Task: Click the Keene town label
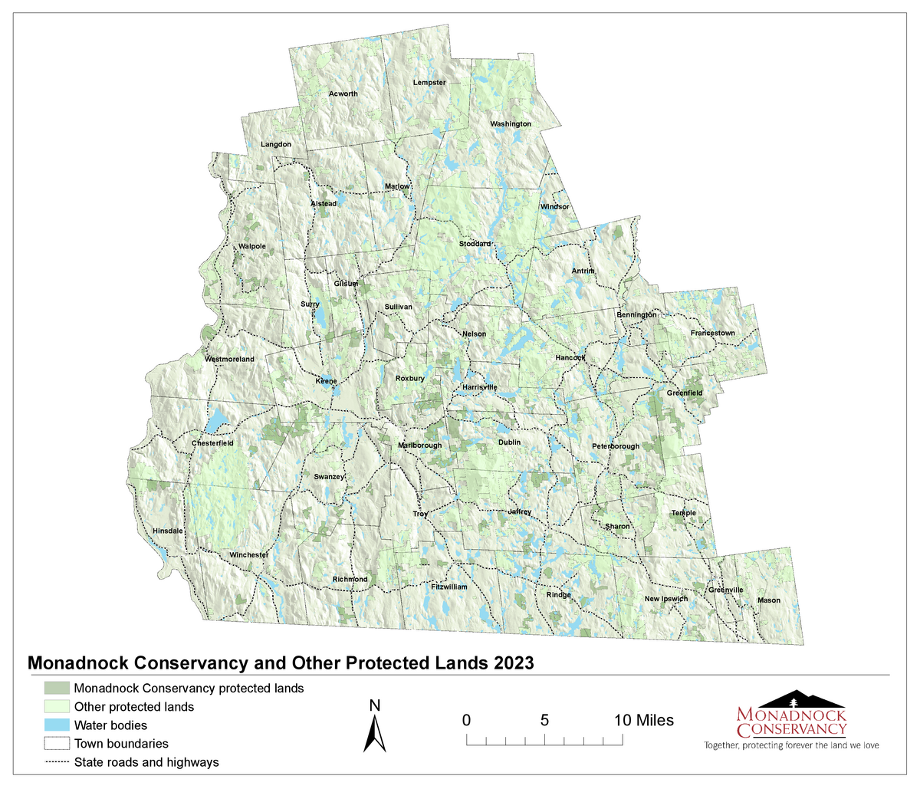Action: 326,381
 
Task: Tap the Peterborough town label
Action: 615,446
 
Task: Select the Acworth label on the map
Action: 343,94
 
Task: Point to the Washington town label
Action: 511,123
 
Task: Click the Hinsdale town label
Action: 168,531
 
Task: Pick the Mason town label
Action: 768,600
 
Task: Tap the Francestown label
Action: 712,334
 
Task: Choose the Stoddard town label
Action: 475,244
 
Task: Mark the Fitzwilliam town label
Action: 449,587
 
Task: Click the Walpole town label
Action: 251,246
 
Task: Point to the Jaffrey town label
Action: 519,511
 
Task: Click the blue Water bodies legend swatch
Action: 57,725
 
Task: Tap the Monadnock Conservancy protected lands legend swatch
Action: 57,688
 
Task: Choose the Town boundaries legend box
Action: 57,743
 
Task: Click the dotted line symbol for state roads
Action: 57,762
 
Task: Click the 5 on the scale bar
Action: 544,720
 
